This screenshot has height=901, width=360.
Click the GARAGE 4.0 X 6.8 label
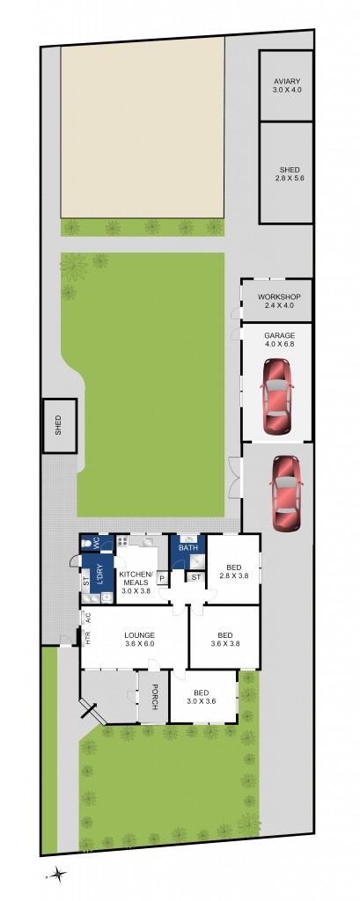tap(279, 341)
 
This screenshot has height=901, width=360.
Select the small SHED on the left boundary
tap(59, 427)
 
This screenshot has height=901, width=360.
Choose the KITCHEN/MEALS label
tap(136, 582)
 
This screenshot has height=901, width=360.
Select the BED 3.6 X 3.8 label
tap(225, 639)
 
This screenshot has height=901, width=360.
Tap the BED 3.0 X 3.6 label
tap(203, 697)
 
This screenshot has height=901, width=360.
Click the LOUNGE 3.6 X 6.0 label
tap(140, 639)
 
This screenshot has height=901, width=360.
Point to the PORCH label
tap(153, 697)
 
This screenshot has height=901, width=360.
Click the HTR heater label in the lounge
tap(88, 639)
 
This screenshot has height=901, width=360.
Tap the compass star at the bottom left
tap(57, 875)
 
